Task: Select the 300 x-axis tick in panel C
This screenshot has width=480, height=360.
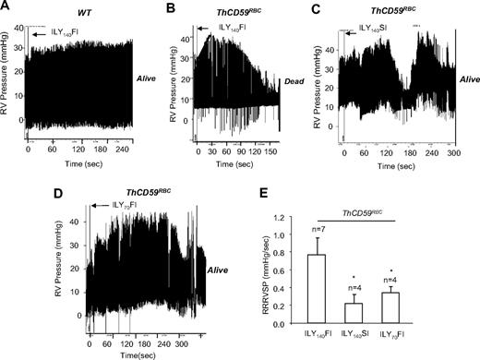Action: point(451,147)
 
